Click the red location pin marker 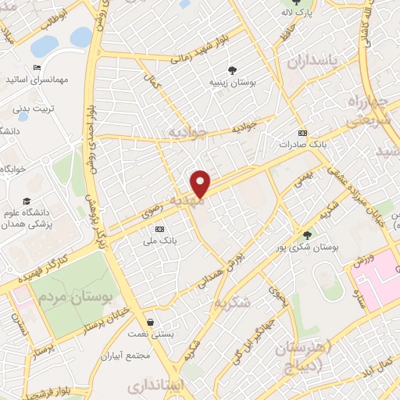pyautogui.click(x=201, y=183)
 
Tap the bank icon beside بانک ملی pyautogui.click(x=160, y=229)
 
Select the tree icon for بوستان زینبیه pyautogui.click(x=235, y=70)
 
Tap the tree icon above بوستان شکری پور pyautogui.click(x=307, y=234)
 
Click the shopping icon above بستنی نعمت pyautogui.click(x=150, y=321)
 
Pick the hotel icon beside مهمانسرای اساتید pyautogui.click(x=37, y=67)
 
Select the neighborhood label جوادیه pyautogui.click(x=191, y=133)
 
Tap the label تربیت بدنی pyautogui.click(x=50, y=107)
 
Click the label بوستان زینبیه pyautogui.click(x=238, y=81)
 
